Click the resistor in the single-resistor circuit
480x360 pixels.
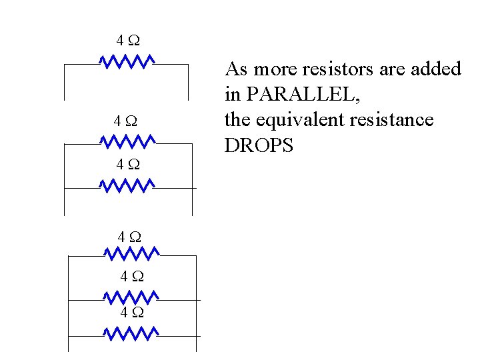[127, 62]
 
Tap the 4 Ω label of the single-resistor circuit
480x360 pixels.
[127, 41]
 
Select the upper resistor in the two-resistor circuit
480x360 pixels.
[127, 141]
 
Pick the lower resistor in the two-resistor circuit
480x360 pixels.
[127, 185]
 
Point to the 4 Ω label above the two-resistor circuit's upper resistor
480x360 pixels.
[126, 121]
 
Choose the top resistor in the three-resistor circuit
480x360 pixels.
[131, 253]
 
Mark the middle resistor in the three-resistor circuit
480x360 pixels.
[131, 296]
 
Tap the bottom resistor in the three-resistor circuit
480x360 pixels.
[131, 332]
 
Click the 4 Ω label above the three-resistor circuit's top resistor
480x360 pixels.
[130, 236]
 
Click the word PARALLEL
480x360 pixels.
[303, 95]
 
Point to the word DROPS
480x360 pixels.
[259, 146]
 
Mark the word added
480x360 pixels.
[437, 69]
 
